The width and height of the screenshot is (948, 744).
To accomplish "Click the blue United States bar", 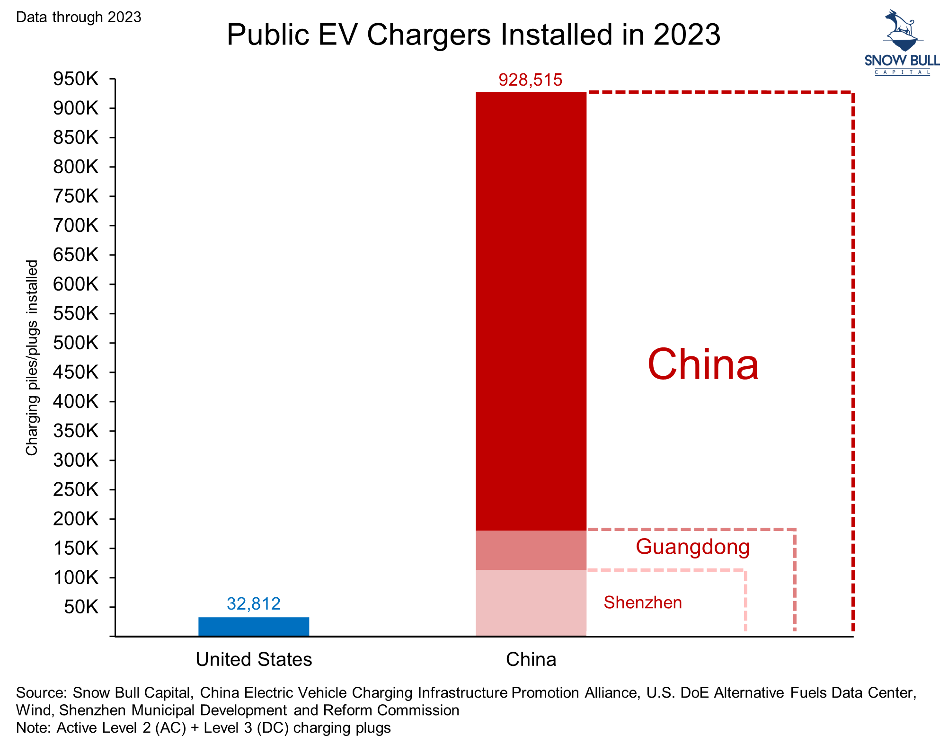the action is click(254, 626).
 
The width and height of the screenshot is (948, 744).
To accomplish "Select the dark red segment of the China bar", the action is click(531, 311).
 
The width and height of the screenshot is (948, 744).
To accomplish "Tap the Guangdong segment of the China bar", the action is click(531, 550).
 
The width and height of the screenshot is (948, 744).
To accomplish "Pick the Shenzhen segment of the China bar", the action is click(531, 602).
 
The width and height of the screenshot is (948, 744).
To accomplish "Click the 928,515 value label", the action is click(531, 80).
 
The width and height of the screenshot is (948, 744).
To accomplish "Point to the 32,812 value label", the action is click(254, 603).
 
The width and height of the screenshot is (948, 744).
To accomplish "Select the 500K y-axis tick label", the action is click(76, 343).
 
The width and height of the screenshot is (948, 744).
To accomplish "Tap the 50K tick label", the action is click(81, 607).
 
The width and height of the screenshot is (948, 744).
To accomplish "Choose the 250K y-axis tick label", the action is click(76, 489).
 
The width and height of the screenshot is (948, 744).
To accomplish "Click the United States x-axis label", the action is click(254, 659).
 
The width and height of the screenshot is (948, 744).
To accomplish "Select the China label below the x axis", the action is click(531, 659).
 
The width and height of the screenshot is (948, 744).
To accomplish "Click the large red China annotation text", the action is click(703, 364).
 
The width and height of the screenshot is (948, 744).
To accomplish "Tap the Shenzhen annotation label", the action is click(643, 602).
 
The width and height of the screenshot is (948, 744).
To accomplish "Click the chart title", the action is click(473, 34).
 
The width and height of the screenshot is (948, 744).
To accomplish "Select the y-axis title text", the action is click(32, 357).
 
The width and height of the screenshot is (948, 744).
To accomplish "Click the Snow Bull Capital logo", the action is click(902, 43).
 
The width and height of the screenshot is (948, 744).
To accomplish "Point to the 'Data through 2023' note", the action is click(79, 17).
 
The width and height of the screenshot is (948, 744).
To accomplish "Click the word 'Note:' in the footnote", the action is click(33, 727).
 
